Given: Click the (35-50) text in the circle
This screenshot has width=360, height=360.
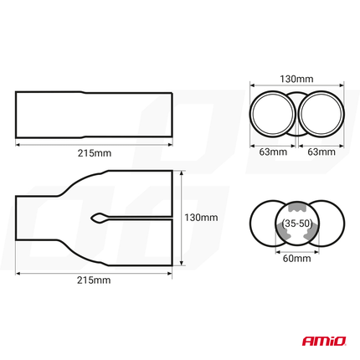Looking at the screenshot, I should click(x=297, y=225).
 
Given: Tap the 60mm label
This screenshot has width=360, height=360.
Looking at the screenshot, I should click(x=297, y=260).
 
